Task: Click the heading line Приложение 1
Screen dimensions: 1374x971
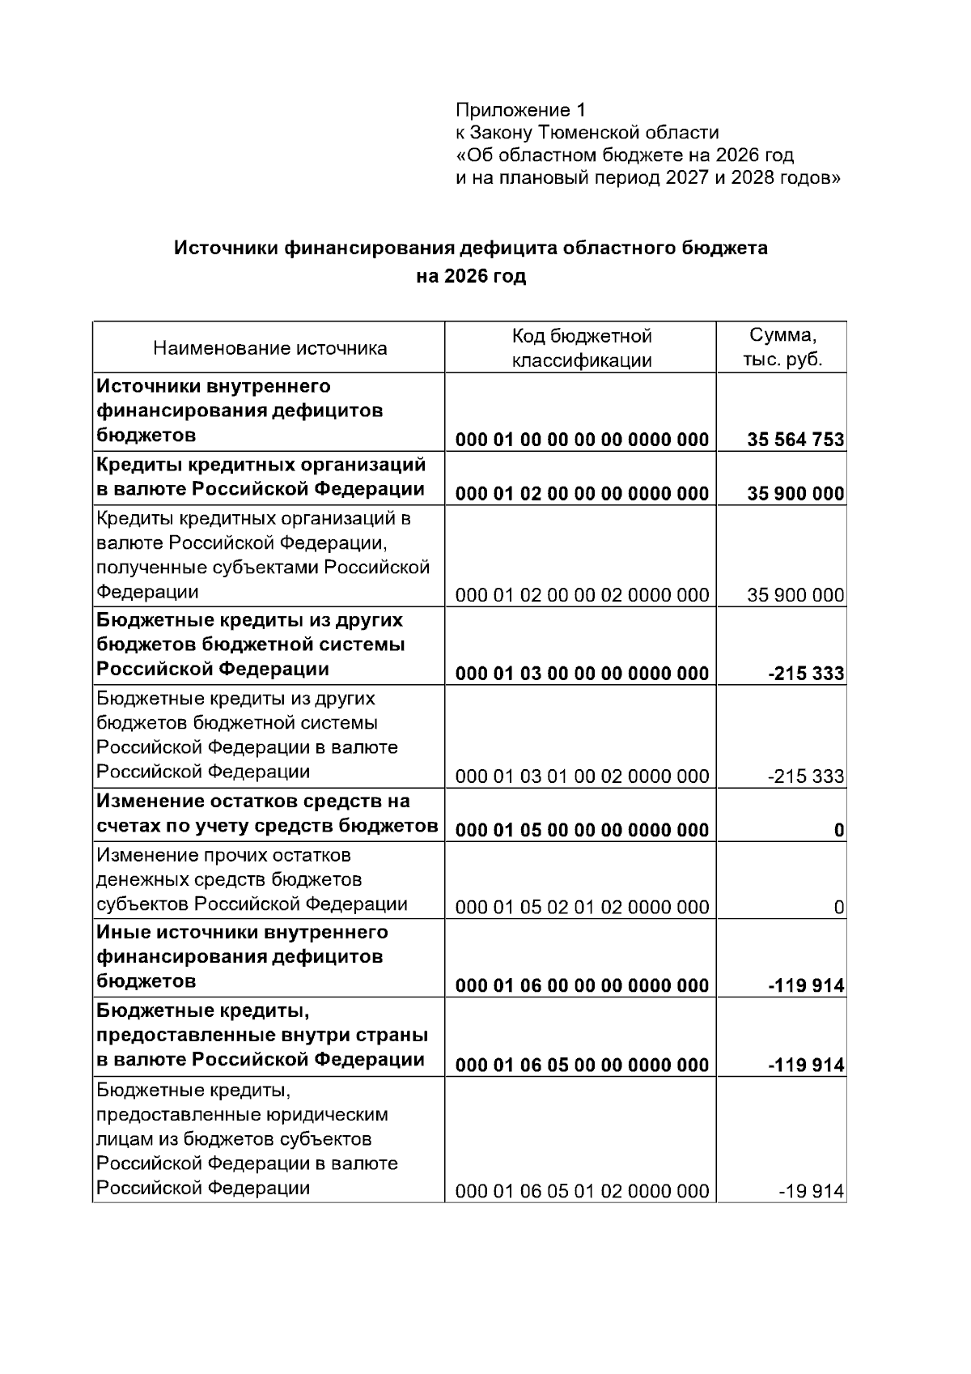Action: point(519,109)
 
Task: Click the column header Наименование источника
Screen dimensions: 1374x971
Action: point(269,348)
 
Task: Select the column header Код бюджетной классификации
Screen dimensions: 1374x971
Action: point(581,348)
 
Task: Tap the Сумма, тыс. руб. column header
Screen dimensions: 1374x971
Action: point(782,347)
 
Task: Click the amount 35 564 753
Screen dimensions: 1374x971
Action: point(795,440)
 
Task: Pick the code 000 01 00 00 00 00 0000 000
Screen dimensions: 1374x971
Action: point(581,440)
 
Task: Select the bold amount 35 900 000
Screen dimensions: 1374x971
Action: point(795,493)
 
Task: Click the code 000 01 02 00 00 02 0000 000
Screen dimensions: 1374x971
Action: point(581,595)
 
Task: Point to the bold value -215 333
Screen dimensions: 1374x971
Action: point(805,673)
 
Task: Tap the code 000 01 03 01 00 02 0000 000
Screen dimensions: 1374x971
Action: point(581,776)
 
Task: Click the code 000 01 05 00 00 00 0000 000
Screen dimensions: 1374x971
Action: point(581,829)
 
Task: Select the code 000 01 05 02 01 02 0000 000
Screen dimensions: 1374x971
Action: point(581,907)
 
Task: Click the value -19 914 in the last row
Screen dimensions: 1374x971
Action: point(811,1191)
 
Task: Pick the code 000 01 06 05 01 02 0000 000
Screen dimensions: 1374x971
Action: point(581,1191)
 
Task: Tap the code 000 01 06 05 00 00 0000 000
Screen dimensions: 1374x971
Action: point(581,1065)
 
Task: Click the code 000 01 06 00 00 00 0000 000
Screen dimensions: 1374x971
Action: point(581,985)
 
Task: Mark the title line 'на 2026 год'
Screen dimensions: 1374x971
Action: point(471,276)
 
